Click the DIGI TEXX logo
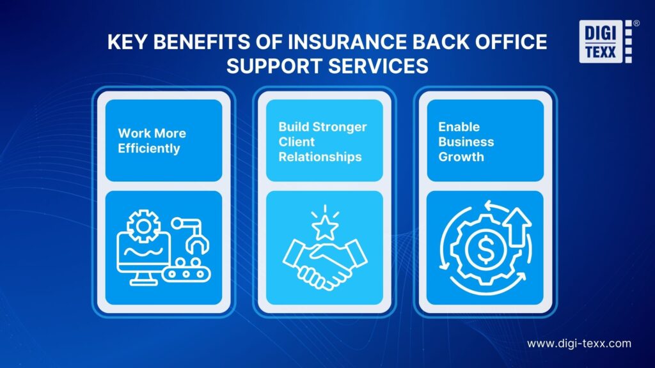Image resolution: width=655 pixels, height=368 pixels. (603, 42)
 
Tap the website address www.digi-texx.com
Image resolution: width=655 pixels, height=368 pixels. (579, 344)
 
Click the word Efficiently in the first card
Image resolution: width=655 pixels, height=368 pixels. (149, 148)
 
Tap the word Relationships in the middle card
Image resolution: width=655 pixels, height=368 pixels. (320, 157)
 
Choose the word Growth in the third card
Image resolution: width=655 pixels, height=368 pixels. (461, 157)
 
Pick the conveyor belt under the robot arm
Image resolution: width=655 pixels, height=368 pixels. (186, 273)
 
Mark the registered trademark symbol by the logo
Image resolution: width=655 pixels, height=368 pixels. (636, 23)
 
